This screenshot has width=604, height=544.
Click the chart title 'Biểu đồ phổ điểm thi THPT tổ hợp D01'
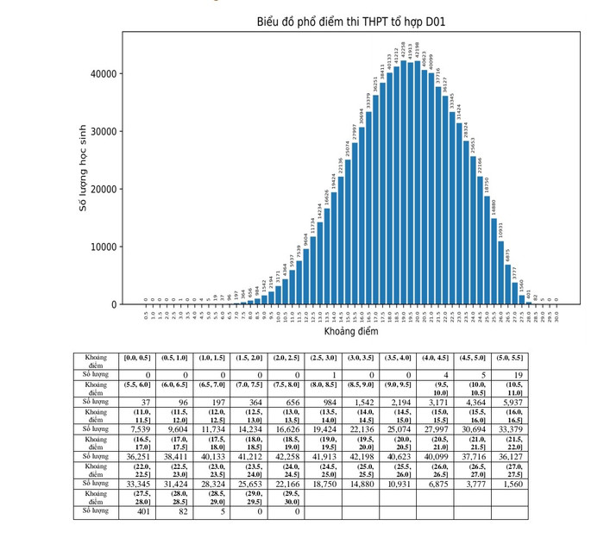click(x=351, y=22)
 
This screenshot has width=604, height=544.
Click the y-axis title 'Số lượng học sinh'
click(x=84, y=169)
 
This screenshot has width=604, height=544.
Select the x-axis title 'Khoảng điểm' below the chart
click(x=351, y=332)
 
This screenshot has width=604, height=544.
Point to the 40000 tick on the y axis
click(x=103, y=74)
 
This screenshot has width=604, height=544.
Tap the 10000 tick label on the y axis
click(x=103, y=247)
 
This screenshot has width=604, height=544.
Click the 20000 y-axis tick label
click(x=103, y=190)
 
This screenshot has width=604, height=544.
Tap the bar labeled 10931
click(x=501, y=272)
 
